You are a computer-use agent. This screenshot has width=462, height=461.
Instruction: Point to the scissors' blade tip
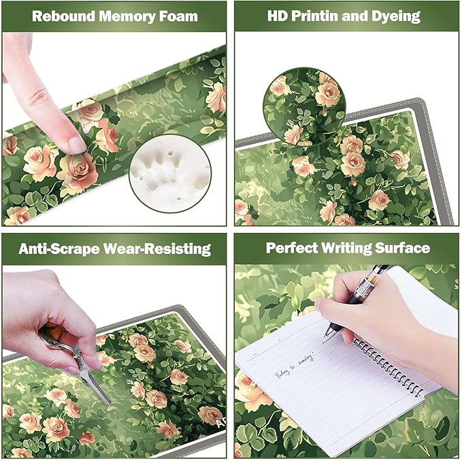pos(107,402)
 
